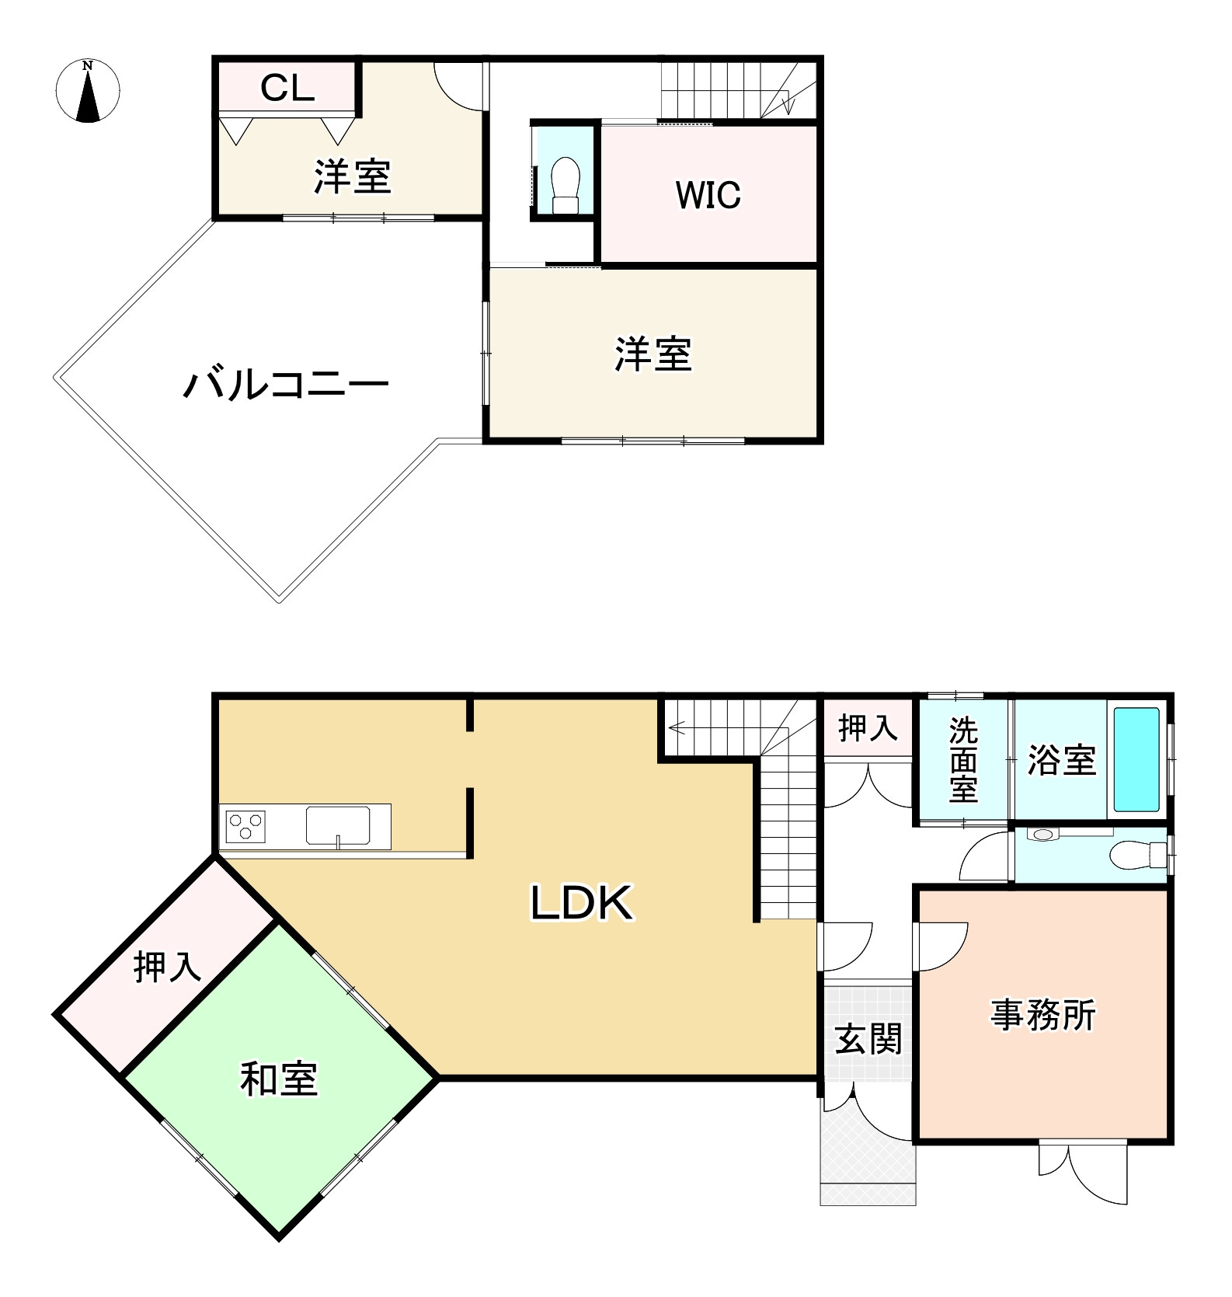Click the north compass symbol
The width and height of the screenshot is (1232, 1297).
click(89, 90)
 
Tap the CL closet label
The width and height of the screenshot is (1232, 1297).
click(287, 89)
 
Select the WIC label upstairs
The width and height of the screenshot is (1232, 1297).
click(708, 194)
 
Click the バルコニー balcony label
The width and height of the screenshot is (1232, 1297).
click(285, 385)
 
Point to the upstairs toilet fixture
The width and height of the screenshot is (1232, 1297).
click(566, 184)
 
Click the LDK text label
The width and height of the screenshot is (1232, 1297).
click(582, 903)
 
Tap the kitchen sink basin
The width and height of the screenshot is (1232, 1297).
click(338, 825)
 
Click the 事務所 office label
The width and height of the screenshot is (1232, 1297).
click(1042, 1016)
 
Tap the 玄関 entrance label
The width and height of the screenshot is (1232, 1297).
click(868, 1039)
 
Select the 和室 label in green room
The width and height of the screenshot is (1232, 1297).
click(279, 1079)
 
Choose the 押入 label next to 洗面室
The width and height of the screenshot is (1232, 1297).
click(868, 728)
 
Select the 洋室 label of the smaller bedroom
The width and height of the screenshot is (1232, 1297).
click(352, 176)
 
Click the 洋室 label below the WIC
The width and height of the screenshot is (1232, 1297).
click(653, 354)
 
